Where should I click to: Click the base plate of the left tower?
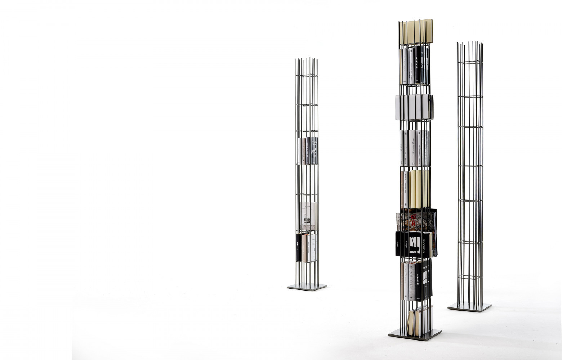(307, 287)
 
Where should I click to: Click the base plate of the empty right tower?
(469, 308)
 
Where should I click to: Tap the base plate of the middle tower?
(415, 335)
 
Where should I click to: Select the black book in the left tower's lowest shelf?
(299, 248)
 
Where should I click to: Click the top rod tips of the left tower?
(307, 60)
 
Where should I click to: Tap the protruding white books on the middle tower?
(414, 107)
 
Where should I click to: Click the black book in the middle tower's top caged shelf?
(417, 65)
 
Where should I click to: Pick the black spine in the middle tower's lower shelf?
(419, 281)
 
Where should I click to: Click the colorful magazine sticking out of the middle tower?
(416, 220)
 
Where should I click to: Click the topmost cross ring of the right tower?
(470, 63)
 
